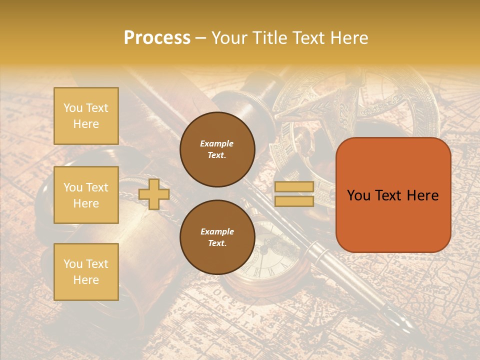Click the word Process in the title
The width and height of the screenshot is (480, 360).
157,37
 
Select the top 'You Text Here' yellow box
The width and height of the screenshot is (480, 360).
86,116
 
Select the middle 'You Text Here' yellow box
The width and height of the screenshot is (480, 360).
86,195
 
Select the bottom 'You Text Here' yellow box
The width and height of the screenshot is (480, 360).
86,271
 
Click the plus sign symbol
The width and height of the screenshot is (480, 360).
154,194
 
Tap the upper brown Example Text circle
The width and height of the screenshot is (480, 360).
217,149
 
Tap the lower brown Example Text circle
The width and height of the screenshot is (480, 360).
217,237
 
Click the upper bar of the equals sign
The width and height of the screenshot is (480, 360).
294,187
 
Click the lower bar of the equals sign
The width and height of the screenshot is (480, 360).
294,201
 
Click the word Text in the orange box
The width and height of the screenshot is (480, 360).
389,195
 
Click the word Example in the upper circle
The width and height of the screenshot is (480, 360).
217,143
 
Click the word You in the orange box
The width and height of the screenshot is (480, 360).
358,195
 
